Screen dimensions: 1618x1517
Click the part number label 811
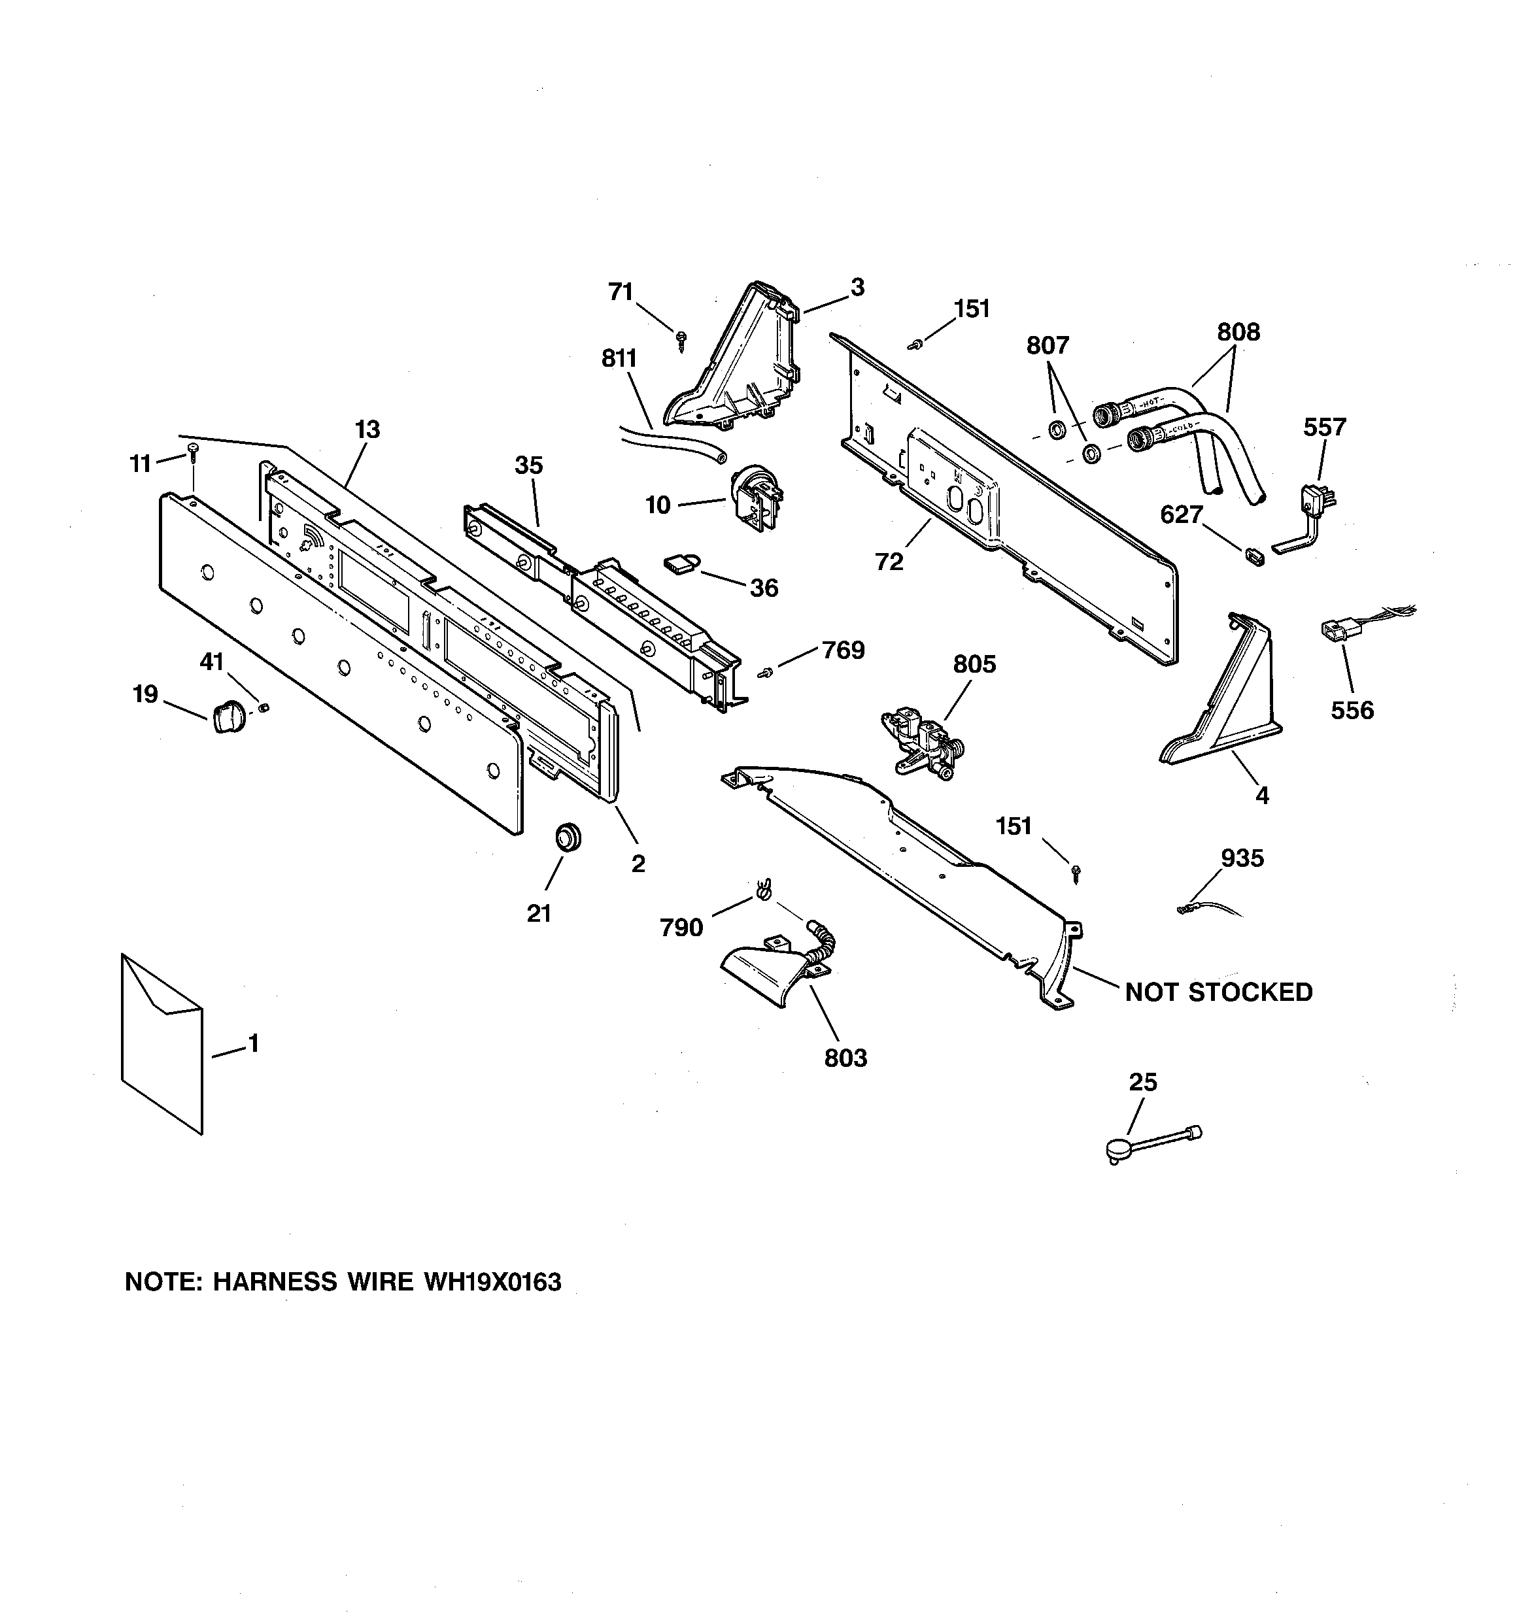click(619, 359)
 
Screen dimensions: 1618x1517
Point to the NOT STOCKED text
click(1218, 992)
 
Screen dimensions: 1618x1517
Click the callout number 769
click(843, 650)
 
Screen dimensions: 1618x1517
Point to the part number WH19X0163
click(492, 1282)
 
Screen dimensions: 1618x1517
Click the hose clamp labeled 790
click(762, 890)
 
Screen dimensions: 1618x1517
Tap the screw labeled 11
click(193, 450)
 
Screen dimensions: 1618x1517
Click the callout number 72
click(889, 562)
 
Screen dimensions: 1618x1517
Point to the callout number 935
click(1242, 858)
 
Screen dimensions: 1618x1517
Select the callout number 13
click(367, 429)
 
